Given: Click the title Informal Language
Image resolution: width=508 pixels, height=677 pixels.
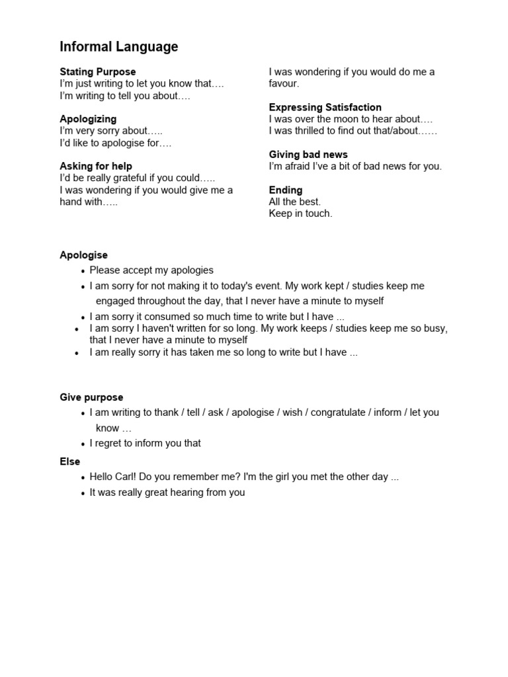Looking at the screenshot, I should tap(119, 47).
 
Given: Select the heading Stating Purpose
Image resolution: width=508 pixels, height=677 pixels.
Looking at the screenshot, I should tap(98, 71).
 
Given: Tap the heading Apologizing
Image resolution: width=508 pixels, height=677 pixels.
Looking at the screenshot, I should tap(88, 119).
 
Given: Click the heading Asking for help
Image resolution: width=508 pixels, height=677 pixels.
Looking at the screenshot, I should tap(96, 166).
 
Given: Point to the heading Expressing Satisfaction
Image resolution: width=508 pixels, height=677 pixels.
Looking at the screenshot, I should tap(325, 107).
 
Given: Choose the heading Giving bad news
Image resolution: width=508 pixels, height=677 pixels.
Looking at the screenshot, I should tap(308, 155).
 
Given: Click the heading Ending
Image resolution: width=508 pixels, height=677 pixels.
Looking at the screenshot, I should tap(286, 190).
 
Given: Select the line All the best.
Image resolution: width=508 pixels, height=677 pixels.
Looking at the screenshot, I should tap(295, 202).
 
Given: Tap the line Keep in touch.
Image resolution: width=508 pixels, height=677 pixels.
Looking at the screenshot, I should tap(300, 214).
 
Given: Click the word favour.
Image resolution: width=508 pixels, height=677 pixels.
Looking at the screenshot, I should tap(284, 84).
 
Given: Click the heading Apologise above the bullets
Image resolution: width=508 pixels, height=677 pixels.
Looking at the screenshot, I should tap(83, 255).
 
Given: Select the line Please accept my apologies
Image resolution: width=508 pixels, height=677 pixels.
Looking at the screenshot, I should tap(151, 270).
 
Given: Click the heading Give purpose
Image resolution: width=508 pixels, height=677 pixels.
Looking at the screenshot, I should tap(91, 397).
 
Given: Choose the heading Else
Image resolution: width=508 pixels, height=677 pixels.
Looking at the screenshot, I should tap(69, 461).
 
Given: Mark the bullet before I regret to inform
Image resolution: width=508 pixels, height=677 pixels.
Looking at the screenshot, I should tap(83, 444).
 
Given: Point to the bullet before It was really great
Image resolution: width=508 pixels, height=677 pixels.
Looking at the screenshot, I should tap(83, 493).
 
